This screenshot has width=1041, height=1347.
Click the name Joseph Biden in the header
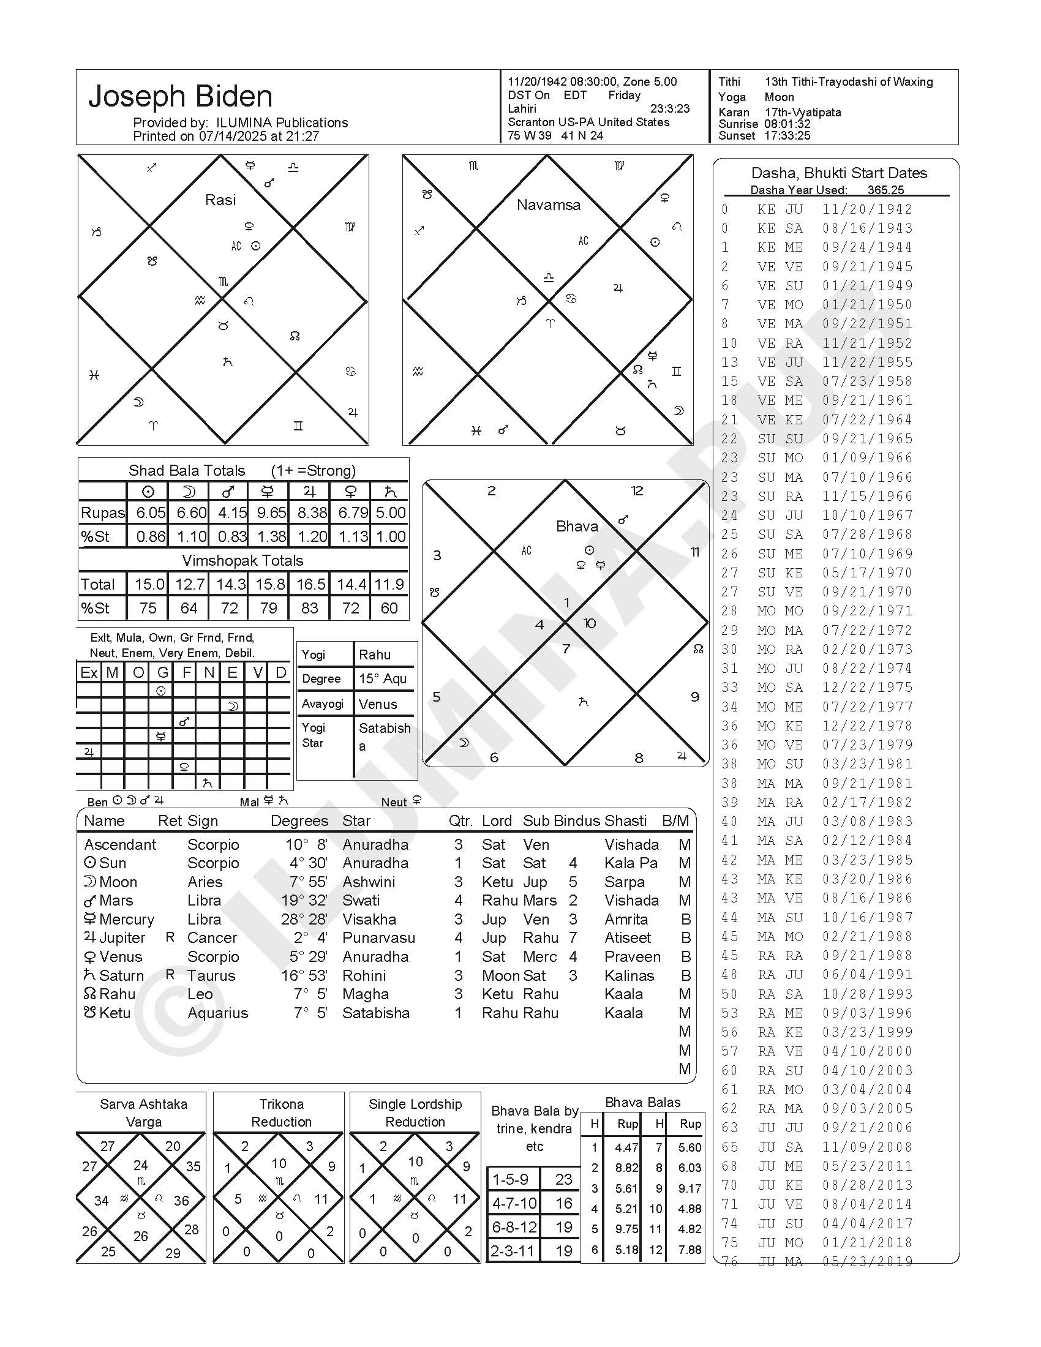point(180,97)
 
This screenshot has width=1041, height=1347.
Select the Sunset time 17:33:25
point(787,136)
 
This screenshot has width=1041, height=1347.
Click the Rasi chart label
point(220,200)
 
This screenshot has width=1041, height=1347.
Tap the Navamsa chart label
point(548,204)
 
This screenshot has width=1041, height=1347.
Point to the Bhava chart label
point(577,526)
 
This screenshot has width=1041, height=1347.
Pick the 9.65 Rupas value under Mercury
point(271,512)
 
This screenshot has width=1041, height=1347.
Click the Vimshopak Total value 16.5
point(311,584)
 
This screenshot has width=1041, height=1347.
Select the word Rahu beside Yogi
point(375,655)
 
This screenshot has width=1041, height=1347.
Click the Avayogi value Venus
point(377,704)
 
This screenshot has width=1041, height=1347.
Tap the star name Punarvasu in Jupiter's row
point(378,937)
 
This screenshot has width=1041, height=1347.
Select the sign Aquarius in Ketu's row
point(217,1013)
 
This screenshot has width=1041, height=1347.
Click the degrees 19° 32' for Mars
point(304,901)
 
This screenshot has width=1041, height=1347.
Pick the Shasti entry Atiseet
point(627,937)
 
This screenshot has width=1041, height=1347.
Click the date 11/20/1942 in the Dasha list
point(866,209)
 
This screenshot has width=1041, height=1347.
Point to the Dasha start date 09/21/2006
point(866,1127)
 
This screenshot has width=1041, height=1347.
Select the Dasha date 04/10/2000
point(866,1051)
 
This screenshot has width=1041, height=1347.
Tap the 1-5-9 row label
point(510,1179)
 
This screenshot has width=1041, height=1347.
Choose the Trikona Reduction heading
point(281,1112)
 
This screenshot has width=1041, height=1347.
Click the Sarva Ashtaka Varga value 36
point(181,1201)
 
